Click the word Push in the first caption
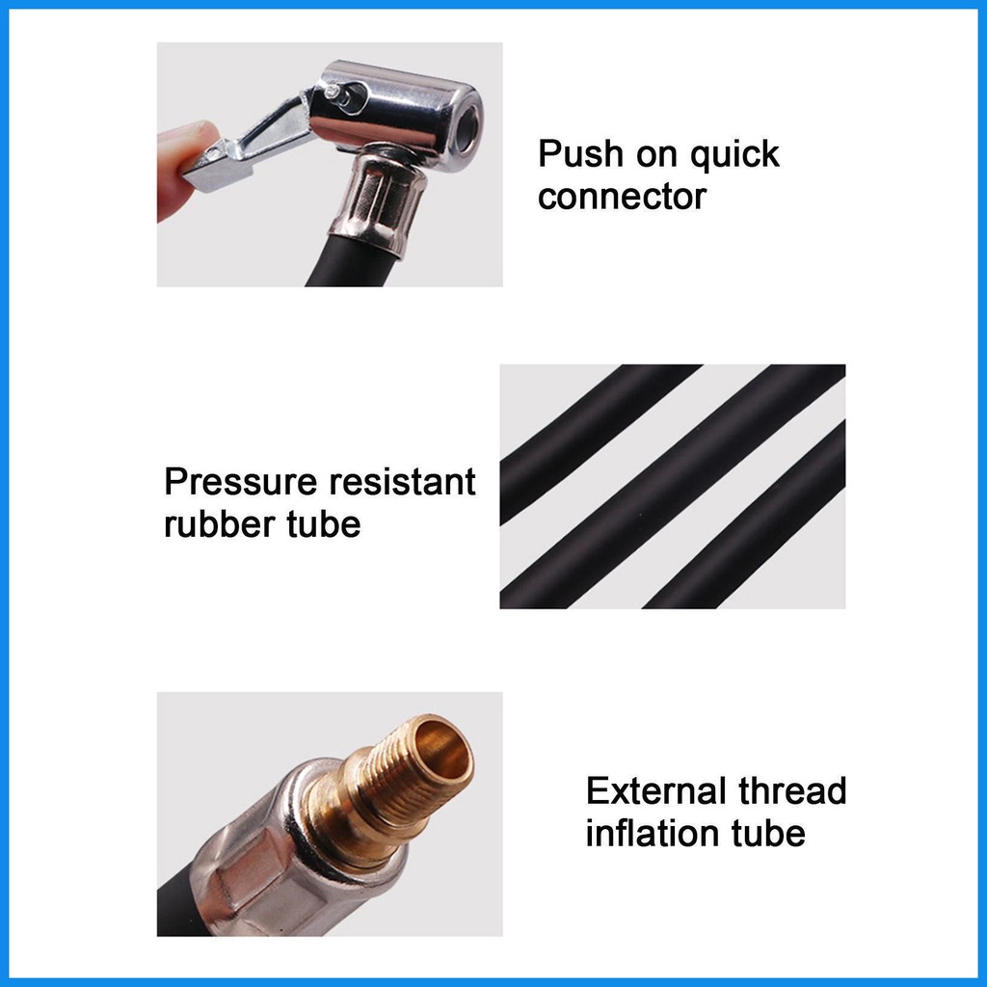click(579, 153)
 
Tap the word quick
click(734, 155)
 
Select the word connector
click(622, 197)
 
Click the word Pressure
click(240, 482)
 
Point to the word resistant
click(402, 482)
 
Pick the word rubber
click(219, 523)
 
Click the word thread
click(792, 790)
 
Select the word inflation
click(653, 833)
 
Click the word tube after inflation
click(768, 833)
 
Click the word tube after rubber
click(324, 523)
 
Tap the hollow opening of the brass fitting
click(443, 750)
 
